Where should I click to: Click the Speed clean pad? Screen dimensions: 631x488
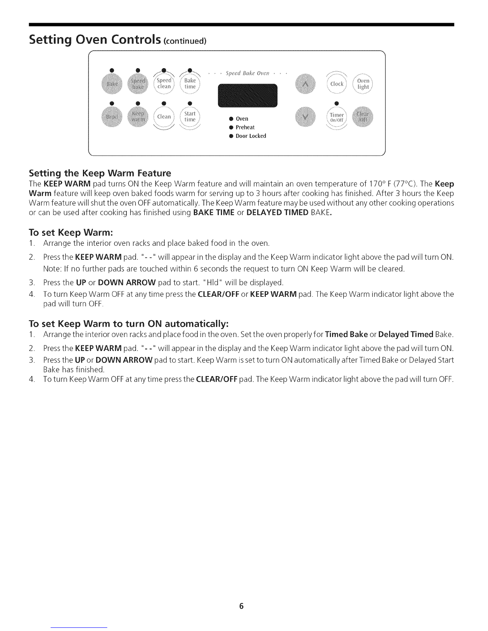click(x=164, y=84)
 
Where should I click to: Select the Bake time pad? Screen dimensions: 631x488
click(x=190, y=84)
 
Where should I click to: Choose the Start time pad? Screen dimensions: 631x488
click(x=190, y=116)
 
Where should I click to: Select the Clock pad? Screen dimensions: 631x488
click(x=337, y=84)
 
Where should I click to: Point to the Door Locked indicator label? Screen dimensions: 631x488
click(x=251, y=136)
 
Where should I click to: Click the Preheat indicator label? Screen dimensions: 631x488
click(x=245, y=127)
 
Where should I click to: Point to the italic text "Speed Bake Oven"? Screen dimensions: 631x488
click(x=248, y=73)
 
